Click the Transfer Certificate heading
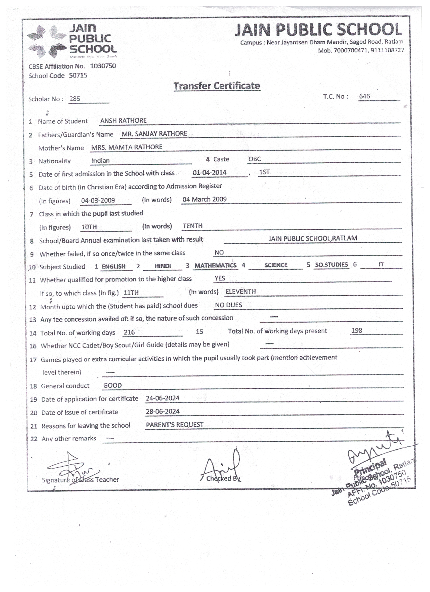[217, 86]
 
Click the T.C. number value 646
[364, 96]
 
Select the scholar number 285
[75, 99]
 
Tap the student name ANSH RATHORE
[123, 121]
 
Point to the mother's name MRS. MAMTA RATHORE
[127, 147]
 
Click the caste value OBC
[255, 159]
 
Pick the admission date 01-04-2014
[209, 172]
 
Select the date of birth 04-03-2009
[98, 200]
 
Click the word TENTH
[193, 226]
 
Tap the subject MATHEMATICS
[215, 266]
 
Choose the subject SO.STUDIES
[331, 265]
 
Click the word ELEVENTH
[241, 291]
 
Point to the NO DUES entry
[228, 305]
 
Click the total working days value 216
[129, 332]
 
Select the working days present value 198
[357, 330]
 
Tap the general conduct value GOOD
[113, 385]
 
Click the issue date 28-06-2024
[163, 411]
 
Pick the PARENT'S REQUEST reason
[175, 425]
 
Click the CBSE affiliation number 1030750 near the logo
[103, 66]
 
